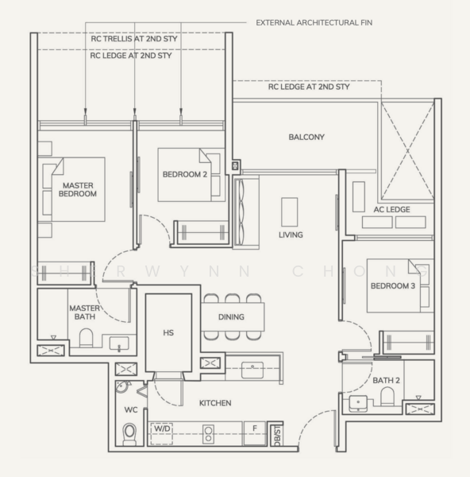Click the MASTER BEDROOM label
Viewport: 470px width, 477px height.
(x=78, y=189)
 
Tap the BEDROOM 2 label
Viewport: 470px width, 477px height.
(x=185, y=174)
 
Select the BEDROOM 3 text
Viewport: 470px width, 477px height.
(x=393, y=285)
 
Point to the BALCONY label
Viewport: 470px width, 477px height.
(x=306, y=137)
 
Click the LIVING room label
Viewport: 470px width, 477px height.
(x=291, y=235)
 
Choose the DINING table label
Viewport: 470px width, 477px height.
(x=231, y=317)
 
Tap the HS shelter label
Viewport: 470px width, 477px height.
(x=168, y=332)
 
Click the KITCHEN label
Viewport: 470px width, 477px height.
(x=215, y=403)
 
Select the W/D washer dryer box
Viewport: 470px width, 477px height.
(x=162, y=433)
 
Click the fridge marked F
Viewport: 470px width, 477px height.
(x=255, y=433)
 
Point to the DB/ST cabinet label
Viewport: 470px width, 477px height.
(x=277, y=436)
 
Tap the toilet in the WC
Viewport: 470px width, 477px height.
(x=129, y=434)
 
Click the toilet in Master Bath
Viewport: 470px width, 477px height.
(x=86, y=338)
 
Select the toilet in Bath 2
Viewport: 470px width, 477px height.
(x=387, y=396)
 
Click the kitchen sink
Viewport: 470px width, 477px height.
(x=252, y=370)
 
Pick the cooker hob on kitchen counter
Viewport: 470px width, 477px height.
(x=208, y=434)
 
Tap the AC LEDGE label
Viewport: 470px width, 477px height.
(x=391, y=209)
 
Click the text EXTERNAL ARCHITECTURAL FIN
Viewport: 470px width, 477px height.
(x=314, y=23)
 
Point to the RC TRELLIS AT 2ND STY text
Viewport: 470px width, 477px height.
(x=134, y=39)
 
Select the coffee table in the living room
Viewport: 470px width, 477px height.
(x=289, y=212)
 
